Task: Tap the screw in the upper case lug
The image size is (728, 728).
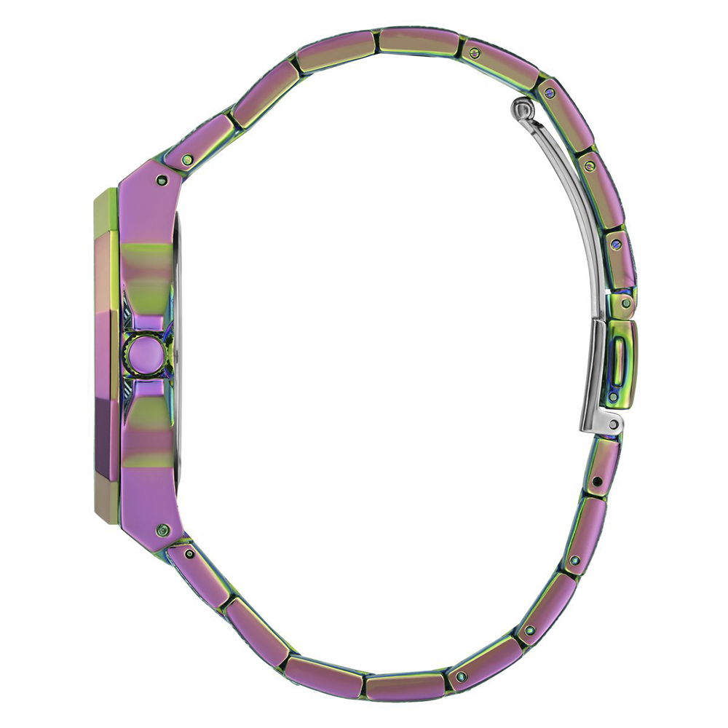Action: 161,180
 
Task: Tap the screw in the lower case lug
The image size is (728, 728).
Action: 163,529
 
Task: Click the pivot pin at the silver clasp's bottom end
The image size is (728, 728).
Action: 613,424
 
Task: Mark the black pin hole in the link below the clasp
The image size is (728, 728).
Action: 598,480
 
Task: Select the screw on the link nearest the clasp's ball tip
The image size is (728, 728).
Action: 549,92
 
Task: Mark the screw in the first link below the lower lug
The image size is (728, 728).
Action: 189,554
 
